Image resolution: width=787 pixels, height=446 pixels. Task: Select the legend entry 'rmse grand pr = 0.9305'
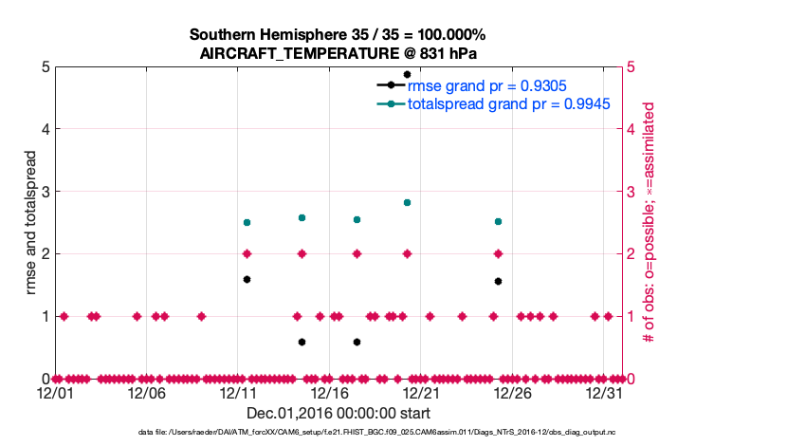[483, 84]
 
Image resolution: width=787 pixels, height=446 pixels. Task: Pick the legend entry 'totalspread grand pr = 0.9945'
[508, 102]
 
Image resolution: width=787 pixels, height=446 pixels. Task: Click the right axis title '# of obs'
[650, 223]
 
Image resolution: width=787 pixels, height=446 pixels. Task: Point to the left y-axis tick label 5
[45, 66]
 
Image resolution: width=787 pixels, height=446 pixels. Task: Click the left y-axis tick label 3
[45, 192]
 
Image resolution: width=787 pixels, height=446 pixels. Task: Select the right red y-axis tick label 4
[632, 129]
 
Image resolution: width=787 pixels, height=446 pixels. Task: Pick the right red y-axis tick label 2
[632, 254]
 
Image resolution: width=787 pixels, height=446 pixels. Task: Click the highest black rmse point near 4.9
[407, 74]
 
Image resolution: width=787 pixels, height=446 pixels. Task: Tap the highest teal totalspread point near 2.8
[407, 202]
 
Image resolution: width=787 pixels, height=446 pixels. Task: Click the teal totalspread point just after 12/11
[247, 222]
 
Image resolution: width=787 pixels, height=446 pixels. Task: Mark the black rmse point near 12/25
[498, 281]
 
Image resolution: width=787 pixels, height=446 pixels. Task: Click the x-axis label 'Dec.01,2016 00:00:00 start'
[338, 413]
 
